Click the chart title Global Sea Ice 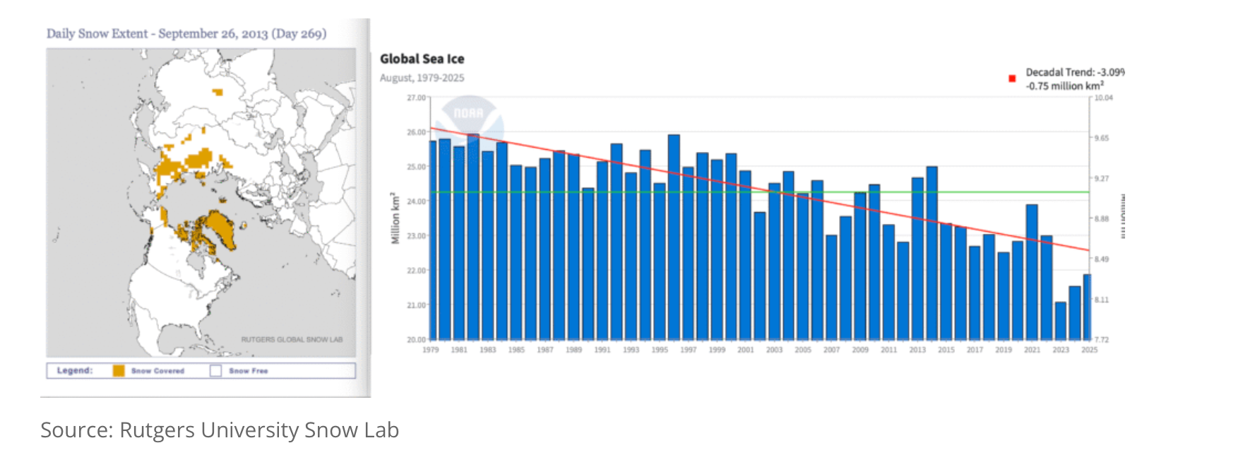[422, 59]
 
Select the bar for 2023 [1060, 321]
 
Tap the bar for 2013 [917, 259]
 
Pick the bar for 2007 [831, 287]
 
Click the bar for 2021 [1032, 272]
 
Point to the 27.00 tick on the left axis [416, 97]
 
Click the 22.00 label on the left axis [416, 271]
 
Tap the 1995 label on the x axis [660, 350]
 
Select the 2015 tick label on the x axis [946, 350]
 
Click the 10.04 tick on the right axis [1103, 97]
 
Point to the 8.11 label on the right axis [1102, 300]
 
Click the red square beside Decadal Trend [1012, 78]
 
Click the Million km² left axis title [395, 218]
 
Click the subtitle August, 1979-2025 [422, 78]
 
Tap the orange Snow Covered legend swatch [119, 370]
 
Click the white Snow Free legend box [216, 370]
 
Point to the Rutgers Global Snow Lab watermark [292, 340]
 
